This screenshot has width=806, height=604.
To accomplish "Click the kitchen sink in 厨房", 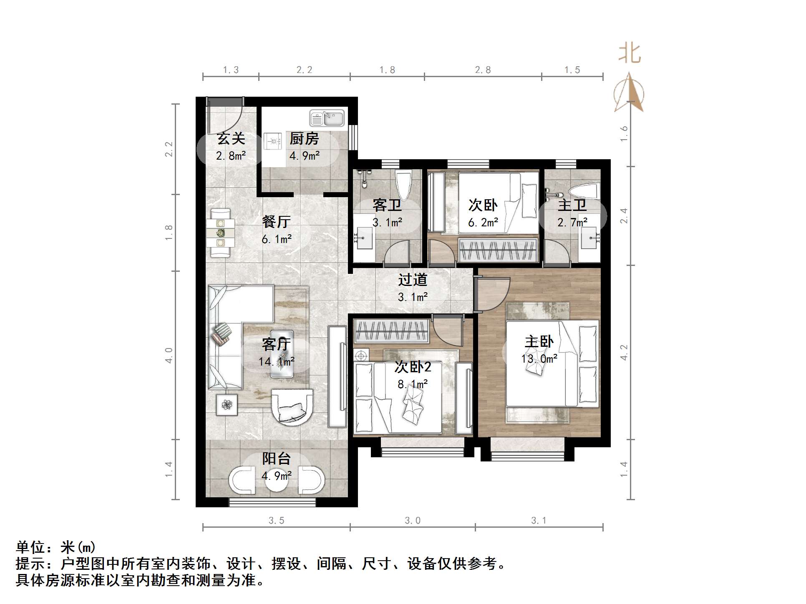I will tap(327, 118).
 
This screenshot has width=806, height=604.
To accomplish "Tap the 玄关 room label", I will tap(231, 138).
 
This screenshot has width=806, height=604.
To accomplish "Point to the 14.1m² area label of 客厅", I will tap(277, 361).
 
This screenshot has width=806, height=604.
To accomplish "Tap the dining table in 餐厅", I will tap(220, 233).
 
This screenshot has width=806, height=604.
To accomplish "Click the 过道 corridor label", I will tap(412, 280).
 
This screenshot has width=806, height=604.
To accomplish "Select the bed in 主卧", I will tap(552, 363).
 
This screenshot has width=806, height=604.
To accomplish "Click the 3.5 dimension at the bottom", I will tap(276, 520).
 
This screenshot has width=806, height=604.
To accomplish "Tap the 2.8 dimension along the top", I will tap(483, 70).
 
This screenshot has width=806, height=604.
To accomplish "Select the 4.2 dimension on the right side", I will tap(624, 352).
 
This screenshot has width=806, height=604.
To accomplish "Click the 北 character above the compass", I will tap(630, 54).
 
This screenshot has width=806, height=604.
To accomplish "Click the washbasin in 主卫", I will tap(589, 238).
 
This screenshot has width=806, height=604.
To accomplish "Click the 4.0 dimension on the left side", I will tap(169, 355).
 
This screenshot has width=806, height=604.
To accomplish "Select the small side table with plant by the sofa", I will tap(227, 404).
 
